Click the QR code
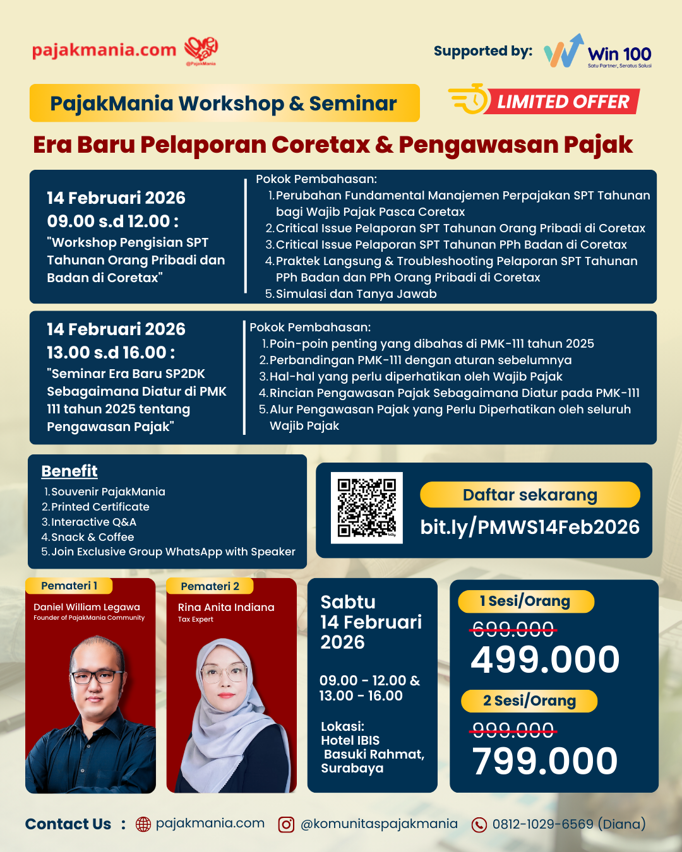pos(366,507)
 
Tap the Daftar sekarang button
pos(530,495)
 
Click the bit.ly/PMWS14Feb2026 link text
pos(530,527)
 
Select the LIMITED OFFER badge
pos(544,101)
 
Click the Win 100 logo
pos(597,52)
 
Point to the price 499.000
pos(545,660)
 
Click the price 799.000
pos(545,761)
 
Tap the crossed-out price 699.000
pos(513,629)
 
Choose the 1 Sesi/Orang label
pos(525,601)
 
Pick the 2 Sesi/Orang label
pos(529,701)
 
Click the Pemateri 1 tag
pos(69,586)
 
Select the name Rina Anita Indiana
pos(226,607)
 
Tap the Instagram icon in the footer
pos(286,825)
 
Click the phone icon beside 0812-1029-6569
pos(479,825)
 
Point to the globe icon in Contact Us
pos(143,825)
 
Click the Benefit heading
pos(69,471)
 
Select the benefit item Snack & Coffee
pos(92,537)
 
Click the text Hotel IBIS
pos(350,740)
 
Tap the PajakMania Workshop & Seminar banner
pos(224,103)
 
